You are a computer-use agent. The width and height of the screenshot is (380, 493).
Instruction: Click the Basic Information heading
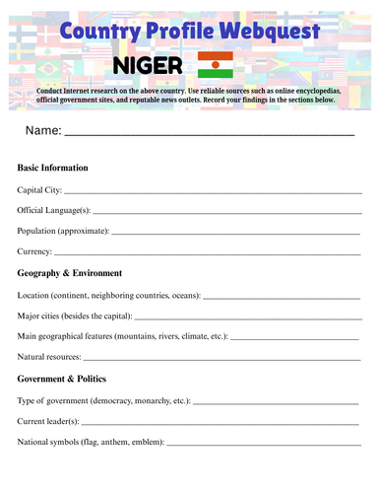pyautogui.click(x=53, y=168)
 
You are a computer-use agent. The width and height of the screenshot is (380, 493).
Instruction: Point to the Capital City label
pyautogui.click(x=39, y=189)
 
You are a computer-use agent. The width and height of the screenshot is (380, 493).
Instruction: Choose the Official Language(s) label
pyautogui.click(x=54, y=210)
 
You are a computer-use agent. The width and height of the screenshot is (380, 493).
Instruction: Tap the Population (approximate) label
pyautogui.click(x=63, y=231)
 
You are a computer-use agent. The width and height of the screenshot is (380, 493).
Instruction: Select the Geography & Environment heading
pyautogui.click(x=69, y=273)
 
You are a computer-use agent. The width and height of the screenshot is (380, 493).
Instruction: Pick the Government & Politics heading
pyautogui.click(x=62, y=379)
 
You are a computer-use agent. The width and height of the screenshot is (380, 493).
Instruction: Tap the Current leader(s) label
pyautogui.click(x=48, y=421)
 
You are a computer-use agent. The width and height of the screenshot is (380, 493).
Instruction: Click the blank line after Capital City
pyautogui.click(x=213, y=191)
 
